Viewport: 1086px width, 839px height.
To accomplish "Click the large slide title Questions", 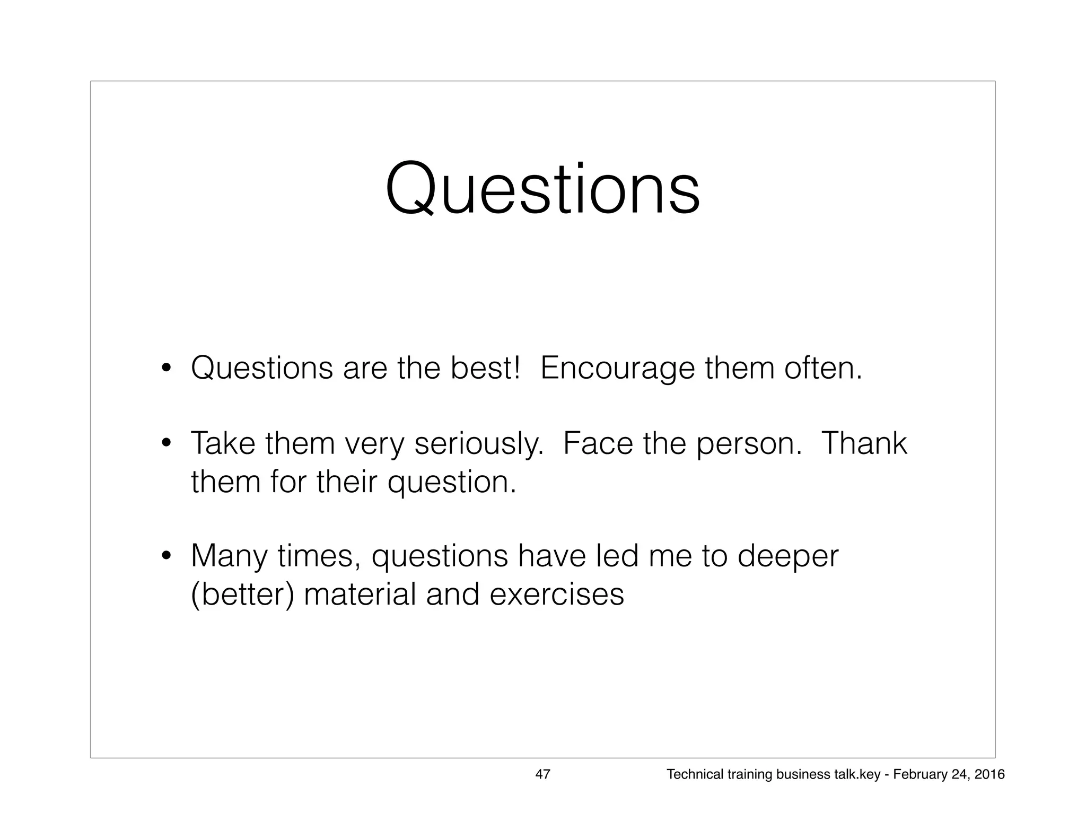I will tap(542, 190).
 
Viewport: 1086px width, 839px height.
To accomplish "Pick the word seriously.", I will tap(479, 444).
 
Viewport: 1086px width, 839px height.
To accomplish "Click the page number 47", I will tap(542, 774).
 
